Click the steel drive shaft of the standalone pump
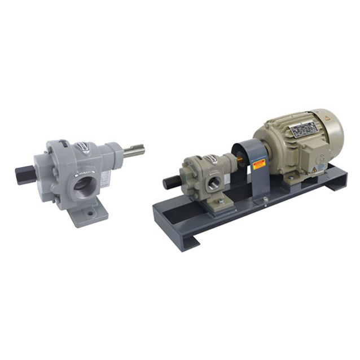click(134, 151)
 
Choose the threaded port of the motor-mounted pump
click(215, 182)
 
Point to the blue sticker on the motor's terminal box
click(320, 167)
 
